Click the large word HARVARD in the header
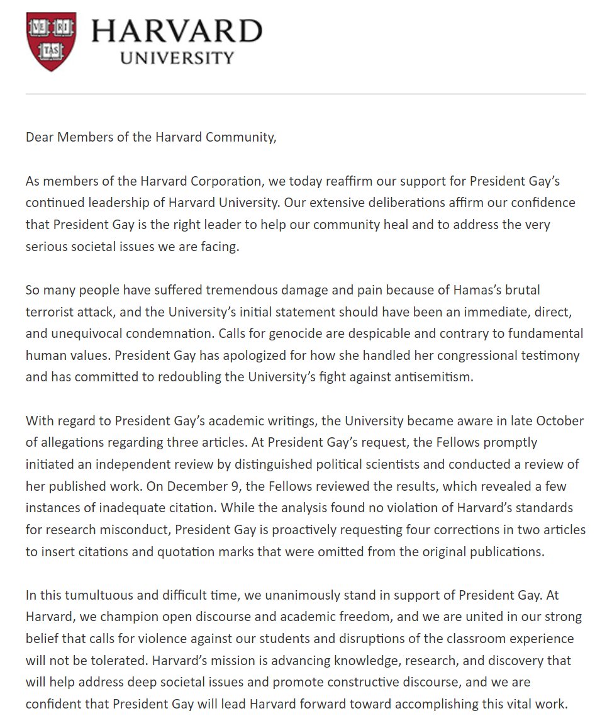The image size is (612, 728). (177, 31)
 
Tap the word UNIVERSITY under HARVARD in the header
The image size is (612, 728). (177, 59)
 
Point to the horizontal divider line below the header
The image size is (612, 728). (306, 94)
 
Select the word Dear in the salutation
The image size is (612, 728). (39, 138)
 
